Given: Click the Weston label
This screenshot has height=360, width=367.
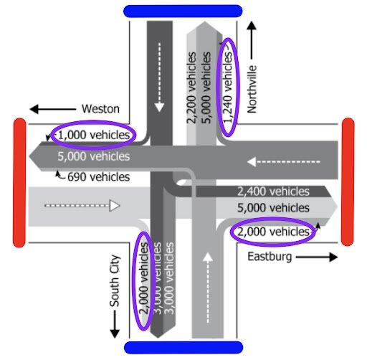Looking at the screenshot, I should point(100,109).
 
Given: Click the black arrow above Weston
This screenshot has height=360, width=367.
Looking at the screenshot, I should point(51,109).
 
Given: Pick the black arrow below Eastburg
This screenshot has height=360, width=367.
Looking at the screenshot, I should point(315,256).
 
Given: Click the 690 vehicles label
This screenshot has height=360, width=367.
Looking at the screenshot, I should point(98,176).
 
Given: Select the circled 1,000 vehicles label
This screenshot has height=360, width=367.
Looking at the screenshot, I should point(94,135).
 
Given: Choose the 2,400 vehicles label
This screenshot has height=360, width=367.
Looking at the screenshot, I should point(273,191).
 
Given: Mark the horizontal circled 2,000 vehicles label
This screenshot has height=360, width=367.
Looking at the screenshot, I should point(272,232).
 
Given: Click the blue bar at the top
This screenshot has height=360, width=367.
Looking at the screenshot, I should point(183,11).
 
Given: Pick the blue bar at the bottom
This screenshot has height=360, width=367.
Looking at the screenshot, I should point(183,348).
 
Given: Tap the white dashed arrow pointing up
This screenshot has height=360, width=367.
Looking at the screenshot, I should point(207,287).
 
